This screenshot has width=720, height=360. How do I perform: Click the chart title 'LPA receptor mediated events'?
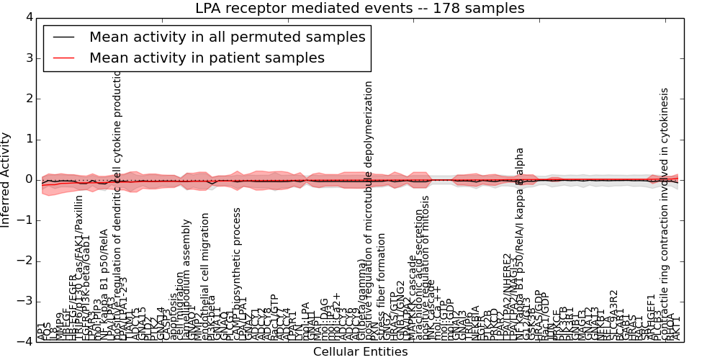coord(359,9)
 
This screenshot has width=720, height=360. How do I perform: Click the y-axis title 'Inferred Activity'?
coord(6,179)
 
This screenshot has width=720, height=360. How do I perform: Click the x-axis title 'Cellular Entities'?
coord(360,352)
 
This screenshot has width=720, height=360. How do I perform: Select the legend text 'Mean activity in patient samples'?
coord(207,58)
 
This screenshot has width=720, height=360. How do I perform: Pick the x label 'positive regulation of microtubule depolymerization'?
coord(369,209)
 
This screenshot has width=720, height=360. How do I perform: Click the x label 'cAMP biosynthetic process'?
coord(237,274)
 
